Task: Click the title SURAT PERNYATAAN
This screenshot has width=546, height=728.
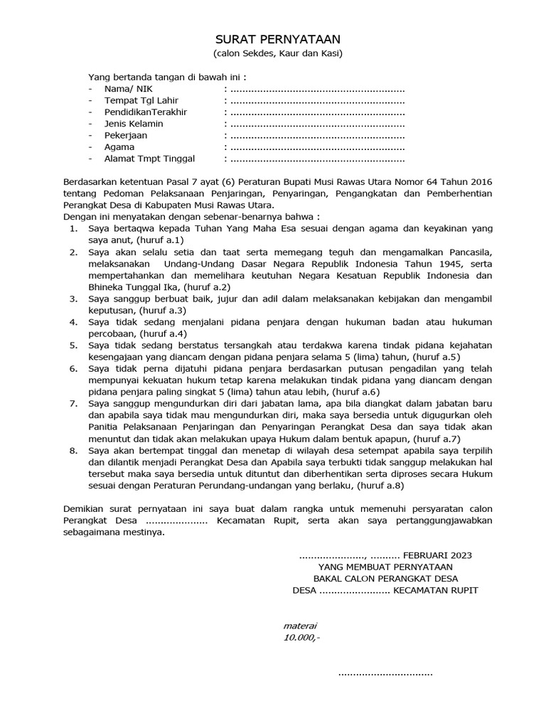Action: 273,40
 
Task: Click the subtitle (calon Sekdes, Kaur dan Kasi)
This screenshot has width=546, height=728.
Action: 273,54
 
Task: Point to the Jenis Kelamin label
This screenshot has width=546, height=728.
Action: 134,124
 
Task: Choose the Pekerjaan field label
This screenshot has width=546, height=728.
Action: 126,135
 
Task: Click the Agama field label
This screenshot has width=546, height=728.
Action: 119,147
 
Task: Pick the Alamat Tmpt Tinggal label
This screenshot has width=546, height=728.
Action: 149,159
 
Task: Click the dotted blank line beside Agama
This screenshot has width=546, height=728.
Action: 316,147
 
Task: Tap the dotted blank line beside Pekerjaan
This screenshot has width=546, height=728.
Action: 316,135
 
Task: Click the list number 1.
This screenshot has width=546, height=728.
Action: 73,229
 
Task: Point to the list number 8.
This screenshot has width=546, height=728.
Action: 73,450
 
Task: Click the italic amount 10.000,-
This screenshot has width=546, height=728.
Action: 301,638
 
